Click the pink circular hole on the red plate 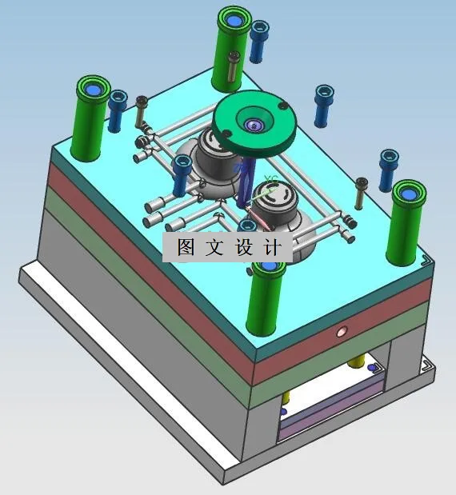[x=342, y=329]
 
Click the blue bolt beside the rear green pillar [x=258, y=41]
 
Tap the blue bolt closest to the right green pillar [x=389, y=169]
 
